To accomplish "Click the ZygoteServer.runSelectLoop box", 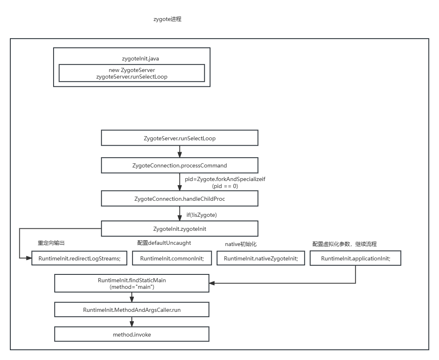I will tap(180, 138).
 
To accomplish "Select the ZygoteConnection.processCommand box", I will tap(180, 165).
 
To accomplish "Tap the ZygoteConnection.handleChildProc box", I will tap(180, 199).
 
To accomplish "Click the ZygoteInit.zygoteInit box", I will tap(180, 228).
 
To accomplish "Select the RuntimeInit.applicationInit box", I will tap(355, 258).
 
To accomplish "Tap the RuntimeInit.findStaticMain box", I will tap(132, 283).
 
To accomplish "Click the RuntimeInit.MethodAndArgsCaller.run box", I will tap(132, 310).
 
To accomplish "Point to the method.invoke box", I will tap(132, 334).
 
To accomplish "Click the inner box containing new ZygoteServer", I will tap(132, 73).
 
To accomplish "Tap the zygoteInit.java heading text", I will tap(132, 59).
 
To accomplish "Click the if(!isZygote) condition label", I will tap(202, 215).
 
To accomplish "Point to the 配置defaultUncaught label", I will tap(164, 243).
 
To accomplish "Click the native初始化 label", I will tap(241, 244).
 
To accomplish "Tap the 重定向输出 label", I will tap(51, 243).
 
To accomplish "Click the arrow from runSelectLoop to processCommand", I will tap(180, 152).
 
